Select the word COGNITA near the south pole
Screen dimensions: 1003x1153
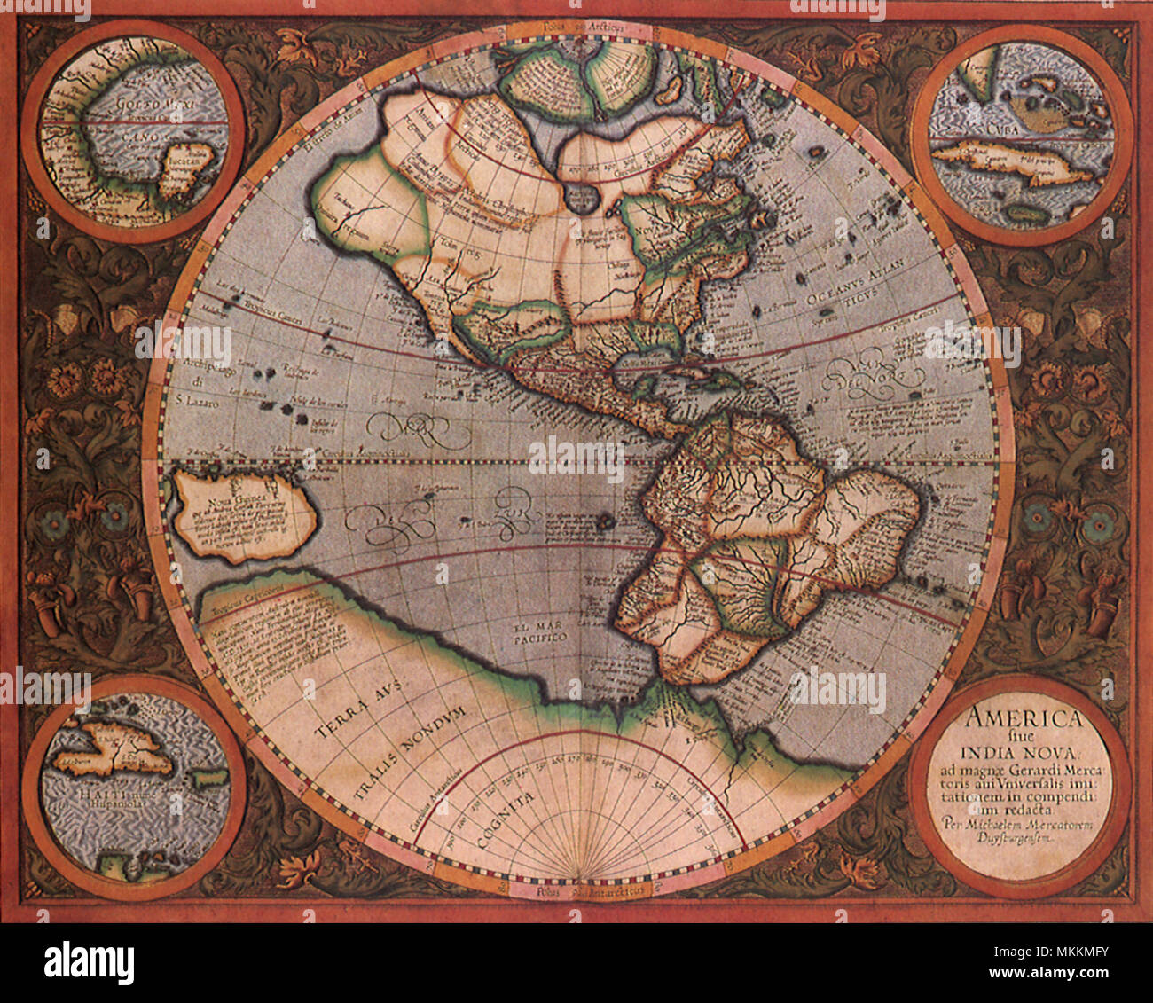tap(503, 820)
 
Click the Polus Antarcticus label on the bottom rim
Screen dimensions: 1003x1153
tap(576, 890)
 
